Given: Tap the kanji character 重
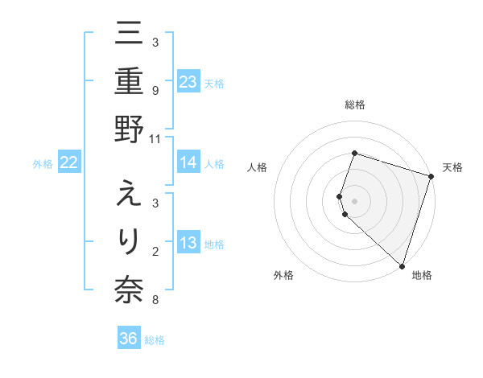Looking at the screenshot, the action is coord(130,82).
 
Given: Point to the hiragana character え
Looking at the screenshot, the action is coord(130,194).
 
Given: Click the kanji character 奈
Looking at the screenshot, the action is coord(130,291).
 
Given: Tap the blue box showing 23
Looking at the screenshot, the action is coord(188,82).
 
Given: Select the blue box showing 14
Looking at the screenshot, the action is coord(188,163).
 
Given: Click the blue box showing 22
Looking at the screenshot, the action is coord(68,163).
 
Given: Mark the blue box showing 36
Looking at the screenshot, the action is coord(129,339).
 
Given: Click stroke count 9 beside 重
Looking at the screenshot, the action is coord(155,91).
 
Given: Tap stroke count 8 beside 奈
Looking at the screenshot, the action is coord(155,301).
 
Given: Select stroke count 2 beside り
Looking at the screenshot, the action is coord(155,253).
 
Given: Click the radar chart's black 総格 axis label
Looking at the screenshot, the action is coord(355,105).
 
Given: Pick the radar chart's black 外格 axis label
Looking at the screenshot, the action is coord(283,275).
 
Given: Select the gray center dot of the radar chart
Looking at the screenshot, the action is coord(355,199).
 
